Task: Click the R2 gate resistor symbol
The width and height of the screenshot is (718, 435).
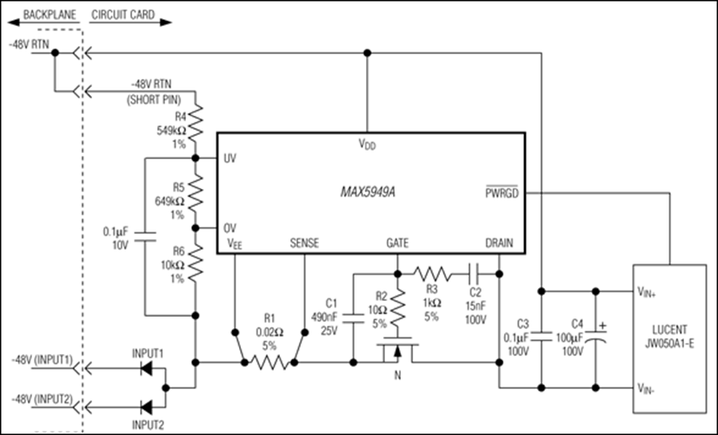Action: tap(398, 306)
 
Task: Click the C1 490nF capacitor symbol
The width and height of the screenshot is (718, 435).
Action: tap(354, 315)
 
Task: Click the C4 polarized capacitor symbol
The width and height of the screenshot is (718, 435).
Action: tap(596, 336)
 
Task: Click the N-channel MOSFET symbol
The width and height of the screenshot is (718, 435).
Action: tap(398, 352)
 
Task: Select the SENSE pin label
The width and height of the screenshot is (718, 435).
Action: tap(303, 244)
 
